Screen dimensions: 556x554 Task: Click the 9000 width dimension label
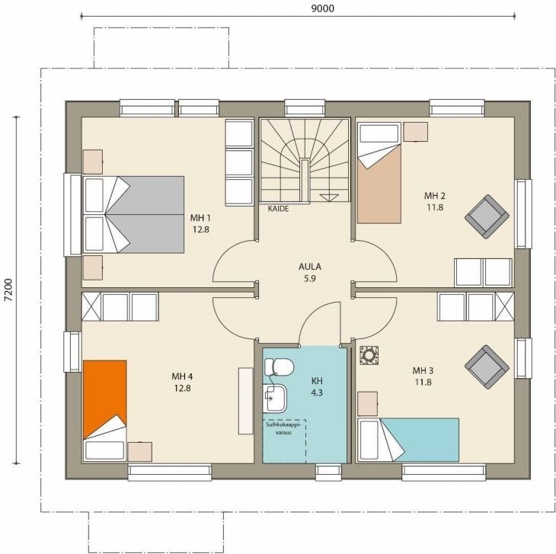(323, 8)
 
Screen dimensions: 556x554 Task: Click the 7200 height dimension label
(8, 290)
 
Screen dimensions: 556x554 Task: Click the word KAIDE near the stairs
(278, 209)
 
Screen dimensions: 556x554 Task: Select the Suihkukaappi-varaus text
(283, 428)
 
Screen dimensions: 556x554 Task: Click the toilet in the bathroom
(278, 367)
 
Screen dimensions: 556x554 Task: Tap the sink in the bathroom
(275, 399)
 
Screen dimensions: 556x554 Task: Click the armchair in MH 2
(487, 216)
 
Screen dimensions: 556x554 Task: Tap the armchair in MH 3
(487, 367)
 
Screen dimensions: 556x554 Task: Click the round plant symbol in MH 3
(369, 355)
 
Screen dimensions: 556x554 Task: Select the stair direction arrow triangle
(329, 197)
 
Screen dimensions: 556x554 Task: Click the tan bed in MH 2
(379, 173)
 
